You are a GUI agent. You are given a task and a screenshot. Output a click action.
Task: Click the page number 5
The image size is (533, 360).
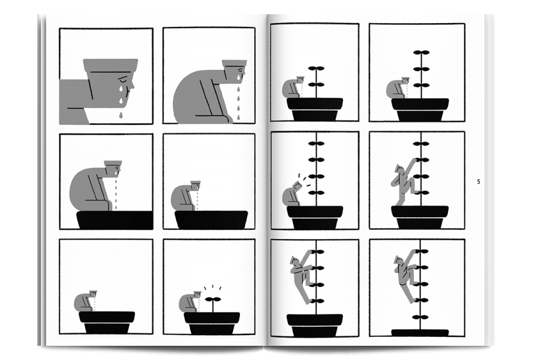click(479, 182)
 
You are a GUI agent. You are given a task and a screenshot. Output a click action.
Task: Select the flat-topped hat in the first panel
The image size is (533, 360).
click(111, 65)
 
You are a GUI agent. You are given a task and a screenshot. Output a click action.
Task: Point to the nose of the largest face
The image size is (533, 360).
click(132, 85)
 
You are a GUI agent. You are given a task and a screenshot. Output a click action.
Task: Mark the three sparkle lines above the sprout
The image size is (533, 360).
click(213, 288)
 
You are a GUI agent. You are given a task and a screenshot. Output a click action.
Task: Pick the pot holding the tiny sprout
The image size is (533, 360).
click(212, 323)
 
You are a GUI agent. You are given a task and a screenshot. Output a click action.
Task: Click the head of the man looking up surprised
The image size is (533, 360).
click(297, 185)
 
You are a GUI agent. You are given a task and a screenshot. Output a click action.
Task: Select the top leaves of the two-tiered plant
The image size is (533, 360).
click(316, 69)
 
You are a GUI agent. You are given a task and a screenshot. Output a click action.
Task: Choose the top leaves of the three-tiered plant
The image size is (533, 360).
click(422, 52)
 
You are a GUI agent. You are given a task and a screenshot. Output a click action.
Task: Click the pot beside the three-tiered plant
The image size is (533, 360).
click(420, 110)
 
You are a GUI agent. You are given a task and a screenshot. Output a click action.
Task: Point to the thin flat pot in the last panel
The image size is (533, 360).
click(420, 332)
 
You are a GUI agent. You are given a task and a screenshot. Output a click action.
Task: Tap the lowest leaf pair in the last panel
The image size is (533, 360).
click(420, 317)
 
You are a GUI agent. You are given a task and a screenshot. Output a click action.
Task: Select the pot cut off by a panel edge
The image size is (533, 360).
click(114, 220)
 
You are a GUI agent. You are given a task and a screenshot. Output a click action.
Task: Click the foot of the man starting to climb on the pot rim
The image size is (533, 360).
click(399, 204)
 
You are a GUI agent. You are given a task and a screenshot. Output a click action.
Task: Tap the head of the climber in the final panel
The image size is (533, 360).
click(399, 261)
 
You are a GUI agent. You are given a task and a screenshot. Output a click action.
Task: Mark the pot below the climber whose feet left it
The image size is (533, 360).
click(315, 325)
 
